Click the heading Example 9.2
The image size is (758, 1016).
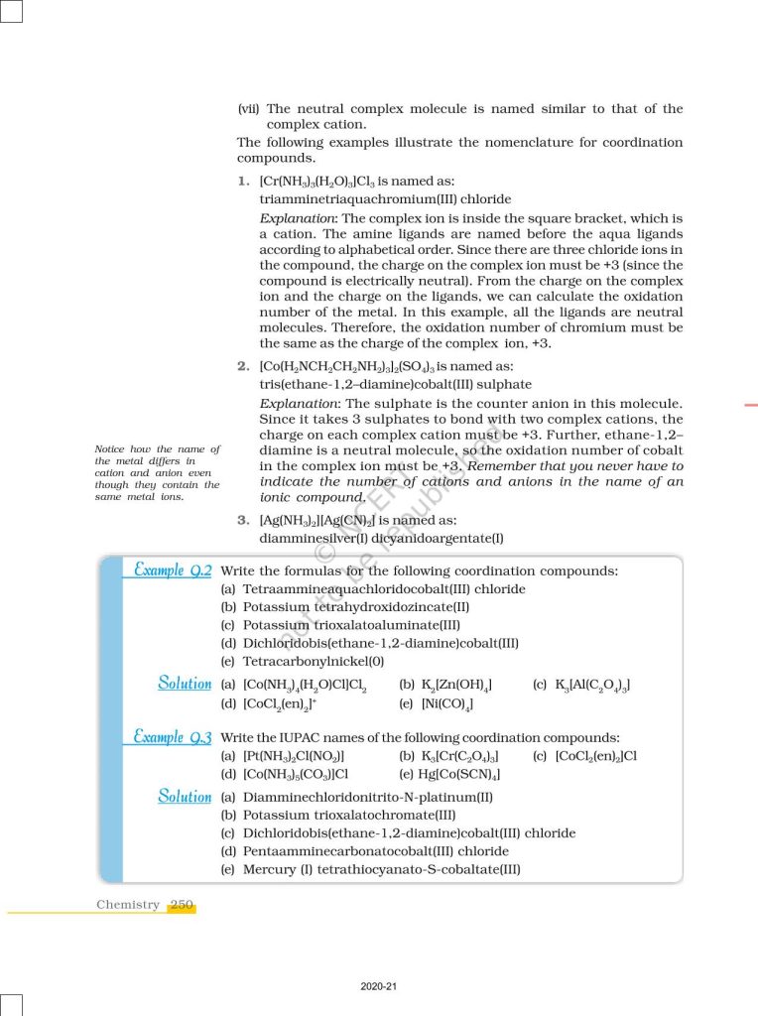click(x=173, y=571)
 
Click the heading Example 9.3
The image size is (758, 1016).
click(x=173, y=737)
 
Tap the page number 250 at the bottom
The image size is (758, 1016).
click(x=182, y=904)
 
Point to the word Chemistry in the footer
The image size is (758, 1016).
click(x=127, y=904)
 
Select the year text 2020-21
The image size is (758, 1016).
click(x=379, y=986)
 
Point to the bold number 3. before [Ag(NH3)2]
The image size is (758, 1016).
click(x=242, y=520)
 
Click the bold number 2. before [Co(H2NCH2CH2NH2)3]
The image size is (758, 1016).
click(x=242, y=366)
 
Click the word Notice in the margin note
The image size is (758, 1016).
click(x=114, y=449)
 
